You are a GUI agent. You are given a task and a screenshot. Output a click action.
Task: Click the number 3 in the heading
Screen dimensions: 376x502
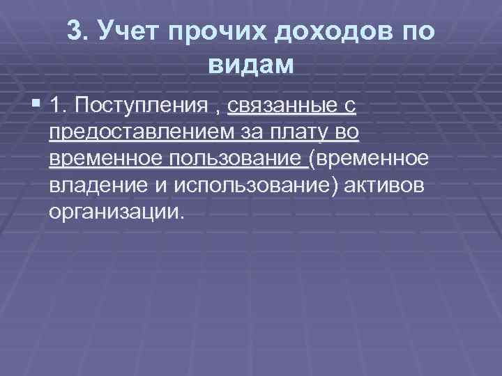76,30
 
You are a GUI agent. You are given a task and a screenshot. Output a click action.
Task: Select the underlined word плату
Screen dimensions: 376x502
303,133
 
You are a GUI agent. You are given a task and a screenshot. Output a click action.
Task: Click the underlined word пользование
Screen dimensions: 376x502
236,159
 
